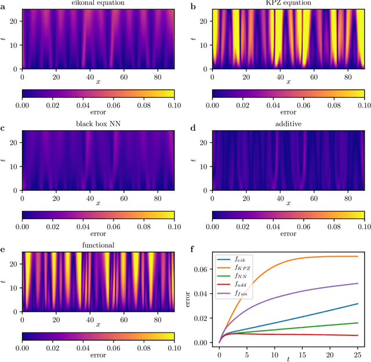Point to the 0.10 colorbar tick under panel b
pos(363,106)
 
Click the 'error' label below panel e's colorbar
pos(98,355)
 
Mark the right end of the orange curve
pos(358,256)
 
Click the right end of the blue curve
pos(358,304)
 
